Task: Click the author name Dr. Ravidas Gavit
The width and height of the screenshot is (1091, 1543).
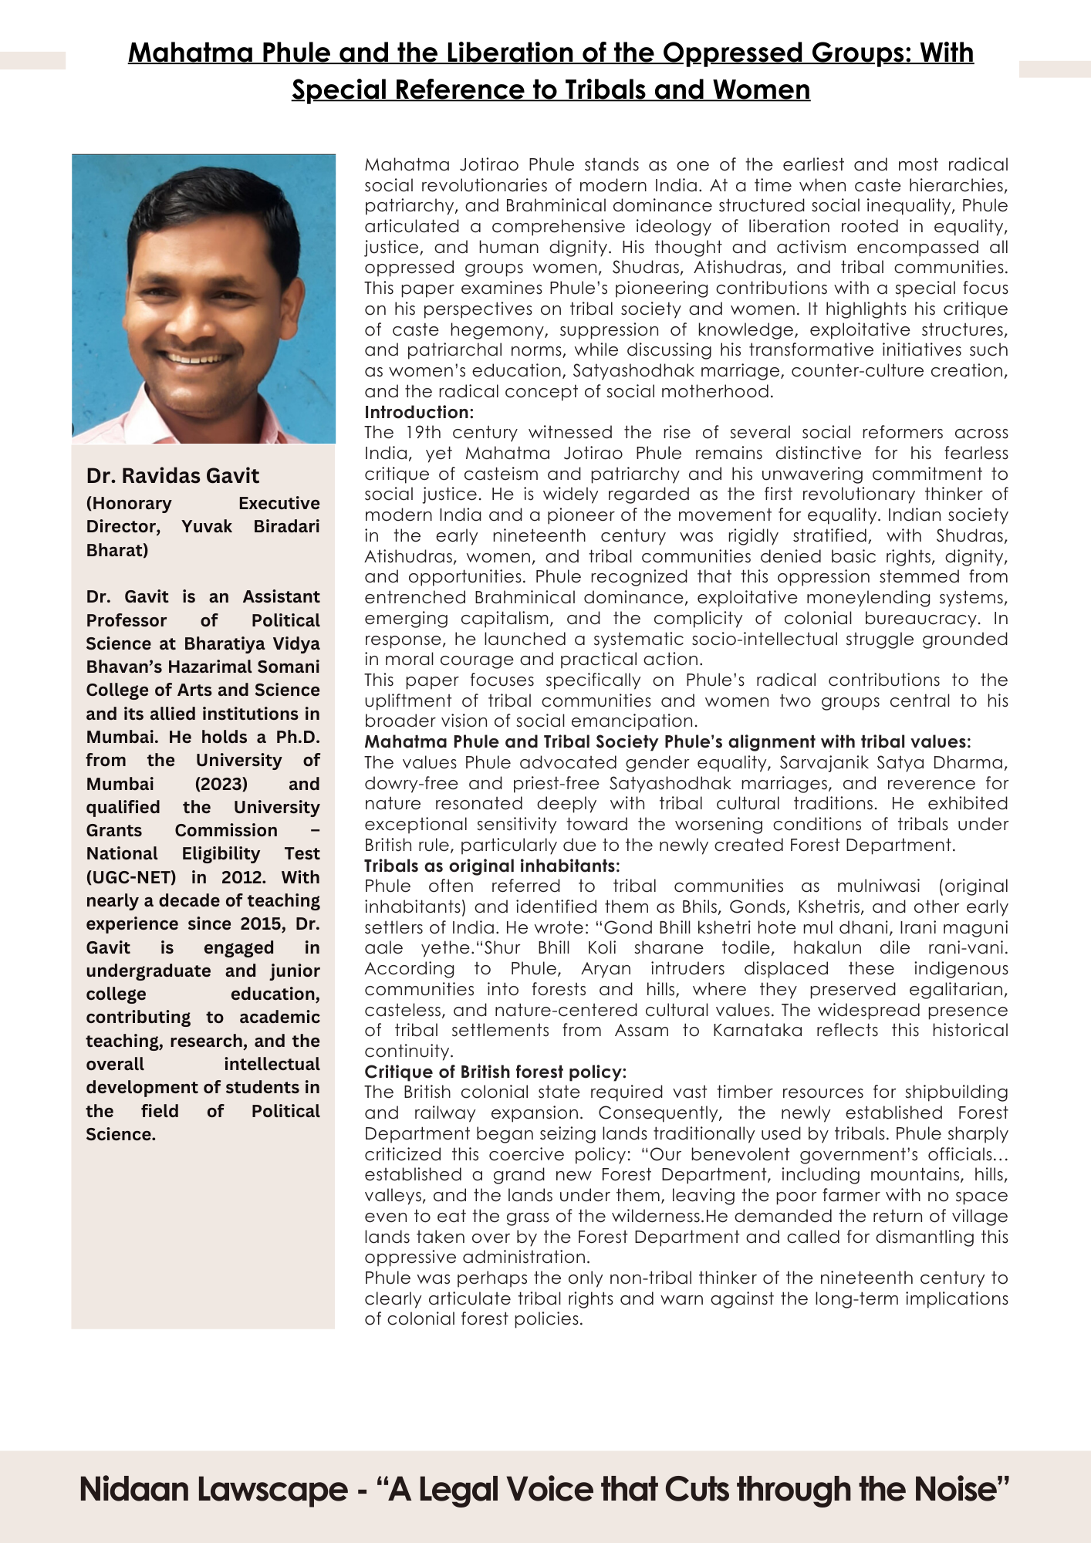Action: [x=172, y=476]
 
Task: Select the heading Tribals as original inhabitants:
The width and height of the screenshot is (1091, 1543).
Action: [x=491, y=866]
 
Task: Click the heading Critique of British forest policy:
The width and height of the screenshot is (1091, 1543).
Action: [x=495, y=1072]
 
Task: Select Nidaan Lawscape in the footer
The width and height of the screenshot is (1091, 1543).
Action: [x=213, y=1489]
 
